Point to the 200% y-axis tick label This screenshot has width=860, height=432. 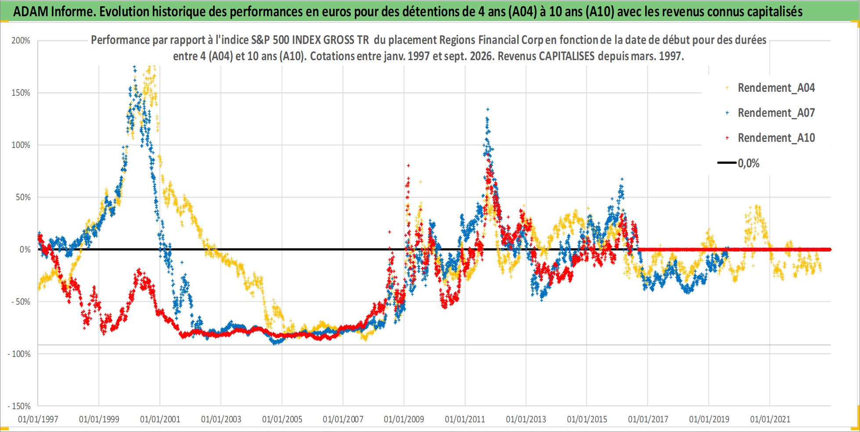coord(21,41)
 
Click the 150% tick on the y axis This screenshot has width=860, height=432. coord(21,93)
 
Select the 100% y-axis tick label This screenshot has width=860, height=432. coord(21,145)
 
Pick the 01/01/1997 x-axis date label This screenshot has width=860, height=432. coord(38,419)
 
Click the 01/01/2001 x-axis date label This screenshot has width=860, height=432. coord(160,419)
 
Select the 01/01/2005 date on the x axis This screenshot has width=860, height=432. coord(282,419)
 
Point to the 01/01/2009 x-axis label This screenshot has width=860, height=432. coord(404,419)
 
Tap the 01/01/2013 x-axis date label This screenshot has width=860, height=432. coord(526,419)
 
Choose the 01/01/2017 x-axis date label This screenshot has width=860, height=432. coord(648,419)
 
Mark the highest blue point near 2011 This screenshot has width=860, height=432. coord(488,109)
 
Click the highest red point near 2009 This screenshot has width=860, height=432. coord(408,166)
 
